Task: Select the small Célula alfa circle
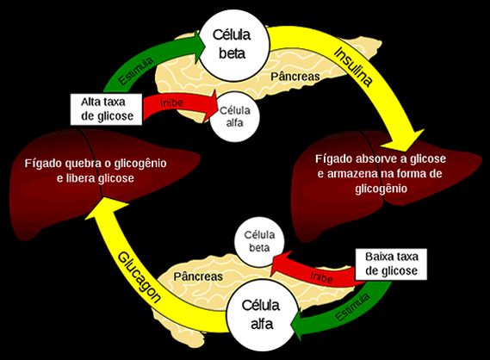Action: click(x=235, y=116)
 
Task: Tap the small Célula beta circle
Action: click(x=259, y=241)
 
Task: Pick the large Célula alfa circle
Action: click(x=262, y=314)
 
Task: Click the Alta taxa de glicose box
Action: click(x=106, y=109)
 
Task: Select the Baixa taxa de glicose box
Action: click(x=391, y=264)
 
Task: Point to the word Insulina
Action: click(x=353, y=66)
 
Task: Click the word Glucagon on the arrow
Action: click(x=140, y=276)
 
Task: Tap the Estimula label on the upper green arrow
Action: click(x=136, y=71)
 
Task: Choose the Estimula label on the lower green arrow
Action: click(x=352, y=307)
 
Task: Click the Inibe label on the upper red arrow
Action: click(x=171, y=102)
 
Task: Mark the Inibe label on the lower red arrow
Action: click(x=321, y=277)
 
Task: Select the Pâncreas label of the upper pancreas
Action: click(x=295, y=77)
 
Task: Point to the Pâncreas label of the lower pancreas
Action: click(x=198, y=276)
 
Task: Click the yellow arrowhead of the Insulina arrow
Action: click(x=404, y=140)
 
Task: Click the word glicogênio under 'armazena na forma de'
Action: click(x=381, y=189)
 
